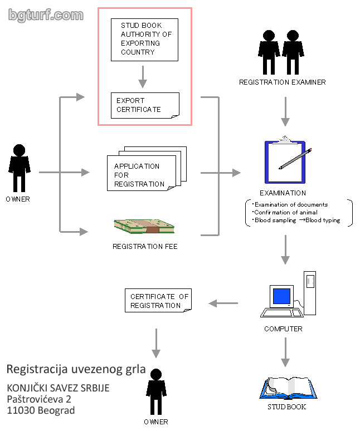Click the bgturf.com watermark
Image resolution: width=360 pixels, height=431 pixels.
click(x=46, y=15)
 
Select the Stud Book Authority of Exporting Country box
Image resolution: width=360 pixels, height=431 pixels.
click(x=144, y=39)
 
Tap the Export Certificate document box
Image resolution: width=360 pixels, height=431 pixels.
click(x=145, y=105)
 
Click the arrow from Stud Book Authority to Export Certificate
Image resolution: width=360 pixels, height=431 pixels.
click(x=143, y=76)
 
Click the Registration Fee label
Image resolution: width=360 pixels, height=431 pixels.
click(x=145, y=246)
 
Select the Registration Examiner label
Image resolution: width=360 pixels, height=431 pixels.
click(x=282, y=82)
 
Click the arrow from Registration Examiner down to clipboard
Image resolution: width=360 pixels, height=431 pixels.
click(x=285, y=111)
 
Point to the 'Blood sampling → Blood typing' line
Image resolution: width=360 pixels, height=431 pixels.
click(x=296, y=221)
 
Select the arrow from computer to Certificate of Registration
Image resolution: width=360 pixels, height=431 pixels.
click(x=223, y=303)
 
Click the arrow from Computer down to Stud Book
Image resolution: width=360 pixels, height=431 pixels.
click(x=285, y=353)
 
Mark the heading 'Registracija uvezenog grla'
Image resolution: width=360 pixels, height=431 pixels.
click(x=76, y=369)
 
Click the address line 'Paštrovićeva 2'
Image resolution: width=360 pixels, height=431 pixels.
click(x=39, y=399)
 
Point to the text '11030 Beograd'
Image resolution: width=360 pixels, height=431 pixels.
click(x=41, y=410)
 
